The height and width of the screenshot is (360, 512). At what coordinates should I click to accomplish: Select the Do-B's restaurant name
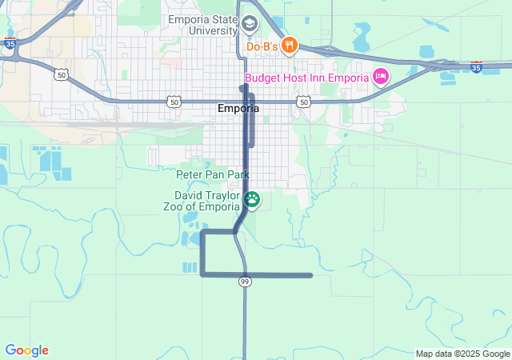pos(262,46)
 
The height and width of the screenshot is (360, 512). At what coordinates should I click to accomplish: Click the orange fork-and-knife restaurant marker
pos(289,46)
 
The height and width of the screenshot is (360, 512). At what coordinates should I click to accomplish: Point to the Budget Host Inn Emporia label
pos(306,78)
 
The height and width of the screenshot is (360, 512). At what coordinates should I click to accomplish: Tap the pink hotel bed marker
pos(381,78)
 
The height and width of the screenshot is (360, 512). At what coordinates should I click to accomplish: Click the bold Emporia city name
pos(238,109)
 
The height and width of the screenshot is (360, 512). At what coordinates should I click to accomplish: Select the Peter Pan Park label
pos(213,174)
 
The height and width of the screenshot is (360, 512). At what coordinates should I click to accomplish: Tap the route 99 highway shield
pos(245,281)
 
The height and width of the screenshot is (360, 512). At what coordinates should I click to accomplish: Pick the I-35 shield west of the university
pos(9,46)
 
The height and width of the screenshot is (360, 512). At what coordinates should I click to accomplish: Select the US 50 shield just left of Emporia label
pos(174,102)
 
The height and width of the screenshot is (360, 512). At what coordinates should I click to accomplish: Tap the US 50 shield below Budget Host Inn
pos(302,102)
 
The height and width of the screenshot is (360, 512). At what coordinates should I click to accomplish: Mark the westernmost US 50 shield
pos(61,74)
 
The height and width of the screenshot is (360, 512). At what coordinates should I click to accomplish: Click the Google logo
pos(26,350)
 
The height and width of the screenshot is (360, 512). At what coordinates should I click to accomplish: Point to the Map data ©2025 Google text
pos(462,354)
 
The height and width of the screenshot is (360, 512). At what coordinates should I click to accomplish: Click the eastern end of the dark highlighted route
pos(310,275)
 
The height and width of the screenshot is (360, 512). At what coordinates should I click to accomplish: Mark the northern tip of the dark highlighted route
pos(242,86)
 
